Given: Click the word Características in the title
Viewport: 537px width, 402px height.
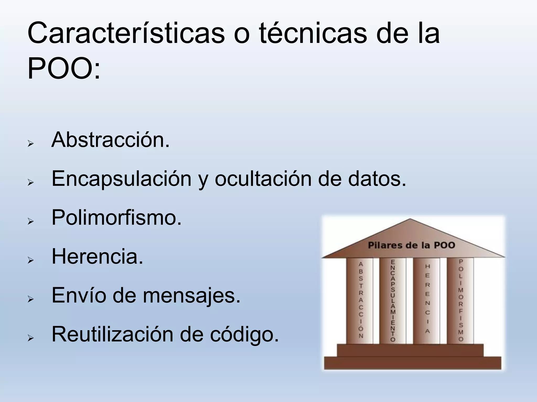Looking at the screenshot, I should pos(126,33).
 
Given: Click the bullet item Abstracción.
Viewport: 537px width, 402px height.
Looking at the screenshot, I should pos(110,140).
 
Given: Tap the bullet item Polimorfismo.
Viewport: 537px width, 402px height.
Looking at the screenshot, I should pos(116,218).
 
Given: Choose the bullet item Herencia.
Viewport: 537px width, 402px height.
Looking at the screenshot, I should pos(97,257).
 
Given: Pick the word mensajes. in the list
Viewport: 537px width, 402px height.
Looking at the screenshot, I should pos(191,295).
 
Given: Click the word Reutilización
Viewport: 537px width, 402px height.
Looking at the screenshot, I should pos(112,334).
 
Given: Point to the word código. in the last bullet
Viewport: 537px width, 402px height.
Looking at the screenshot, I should pos(244,334).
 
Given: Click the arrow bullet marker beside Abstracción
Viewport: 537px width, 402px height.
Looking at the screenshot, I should pos(31,144).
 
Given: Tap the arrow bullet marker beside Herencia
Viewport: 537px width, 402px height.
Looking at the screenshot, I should pos(31,260).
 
